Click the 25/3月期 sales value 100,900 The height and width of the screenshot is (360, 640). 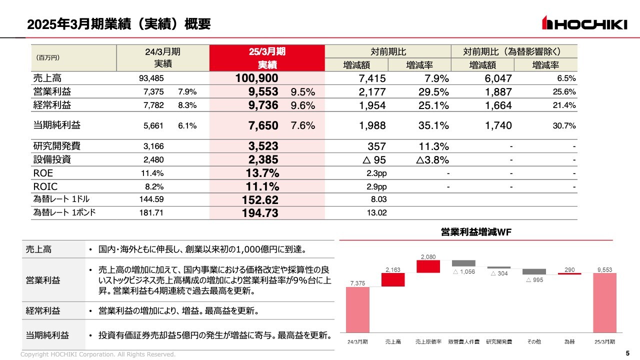point(256,78)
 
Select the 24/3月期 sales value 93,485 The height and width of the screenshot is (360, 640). point(151,78)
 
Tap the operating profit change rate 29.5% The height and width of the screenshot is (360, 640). point(433,91)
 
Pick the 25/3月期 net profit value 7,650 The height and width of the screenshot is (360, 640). point(263,125)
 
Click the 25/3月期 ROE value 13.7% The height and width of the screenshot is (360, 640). point(262,173)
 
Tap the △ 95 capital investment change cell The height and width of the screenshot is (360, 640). point(372,160)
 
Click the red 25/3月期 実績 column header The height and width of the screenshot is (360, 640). point(267,58)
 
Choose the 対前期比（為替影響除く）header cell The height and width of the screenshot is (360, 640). point(514,51)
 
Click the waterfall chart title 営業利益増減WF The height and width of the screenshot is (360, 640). point(476,232)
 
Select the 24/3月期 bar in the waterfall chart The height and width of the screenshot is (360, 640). point(358,309)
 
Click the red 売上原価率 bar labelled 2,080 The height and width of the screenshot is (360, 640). point(428,266)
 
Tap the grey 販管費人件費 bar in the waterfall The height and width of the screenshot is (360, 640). point(463,263)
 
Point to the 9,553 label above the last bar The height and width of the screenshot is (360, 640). point(605,269)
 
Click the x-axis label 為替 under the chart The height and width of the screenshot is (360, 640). point(569,341)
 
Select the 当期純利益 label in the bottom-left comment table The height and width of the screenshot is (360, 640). point(47,335)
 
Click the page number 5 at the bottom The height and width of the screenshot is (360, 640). point(627,354)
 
